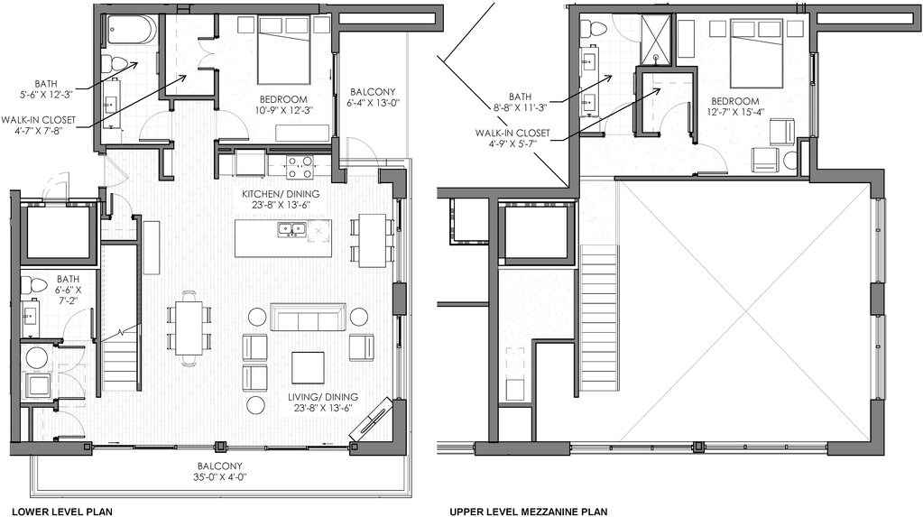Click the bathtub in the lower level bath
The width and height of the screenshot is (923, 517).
click(x=132, y=31)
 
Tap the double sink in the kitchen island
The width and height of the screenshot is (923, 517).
click(x=291, y=228)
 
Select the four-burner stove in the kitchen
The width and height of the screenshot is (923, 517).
click(x=299, y=167)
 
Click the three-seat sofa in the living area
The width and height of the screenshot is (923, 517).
click(x=308, y=317)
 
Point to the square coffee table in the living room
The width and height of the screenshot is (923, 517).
click(x=308, y=367)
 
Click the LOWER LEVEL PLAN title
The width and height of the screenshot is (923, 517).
click(x=62, y=512)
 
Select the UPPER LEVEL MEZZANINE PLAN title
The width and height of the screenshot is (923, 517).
click(x=528, y=512)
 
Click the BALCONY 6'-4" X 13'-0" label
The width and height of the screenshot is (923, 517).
click(x=373, y=97)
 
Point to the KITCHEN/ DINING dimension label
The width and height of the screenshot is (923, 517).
click(x=281, y=199)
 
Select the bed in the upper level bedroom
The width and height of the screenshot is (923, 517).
click(x=756, y=53)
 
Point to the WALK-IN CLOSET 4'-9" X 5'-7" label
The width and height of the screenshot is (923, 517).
click(x=512, y=138)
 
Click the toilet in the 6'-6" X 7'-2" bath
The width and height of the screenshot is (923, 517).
click(x=34, y=286)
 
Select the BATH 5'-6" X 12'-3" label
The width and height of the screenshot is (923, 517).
click(x=45, y=89)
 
